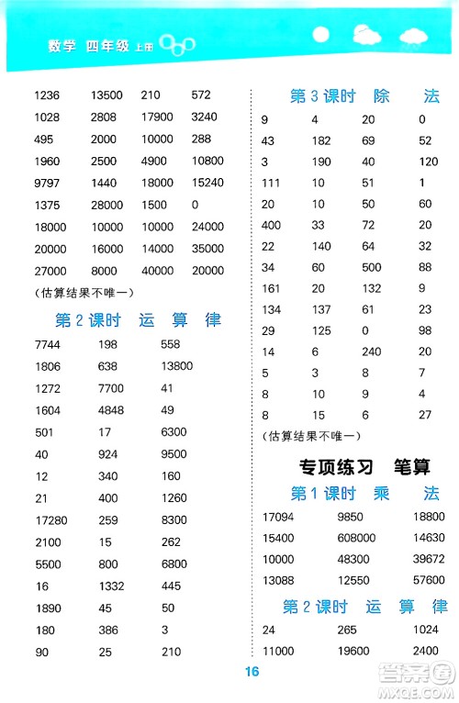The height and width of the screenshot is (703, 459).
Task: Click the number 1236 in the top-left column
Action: (x=45, y=95)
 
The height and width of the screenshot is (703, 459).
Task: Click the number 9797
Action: (x=45, y=182)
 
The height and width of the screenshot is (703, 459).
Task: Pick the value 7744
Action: (x=46, y=343)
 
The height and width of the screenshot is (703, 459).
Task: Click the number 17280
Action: (x=50, y=519)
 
